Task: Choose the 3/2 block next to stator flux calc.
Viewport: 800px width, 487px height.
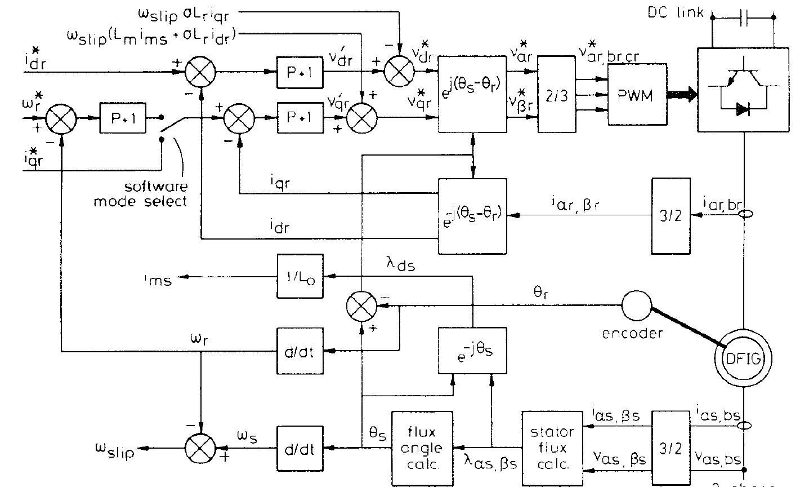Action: pos(670,448)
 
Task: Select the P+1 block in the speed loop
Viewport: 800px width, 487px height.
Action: pos(123,118)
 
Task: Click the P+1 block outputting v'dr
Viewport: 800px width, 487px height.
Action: pos(300,72)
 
